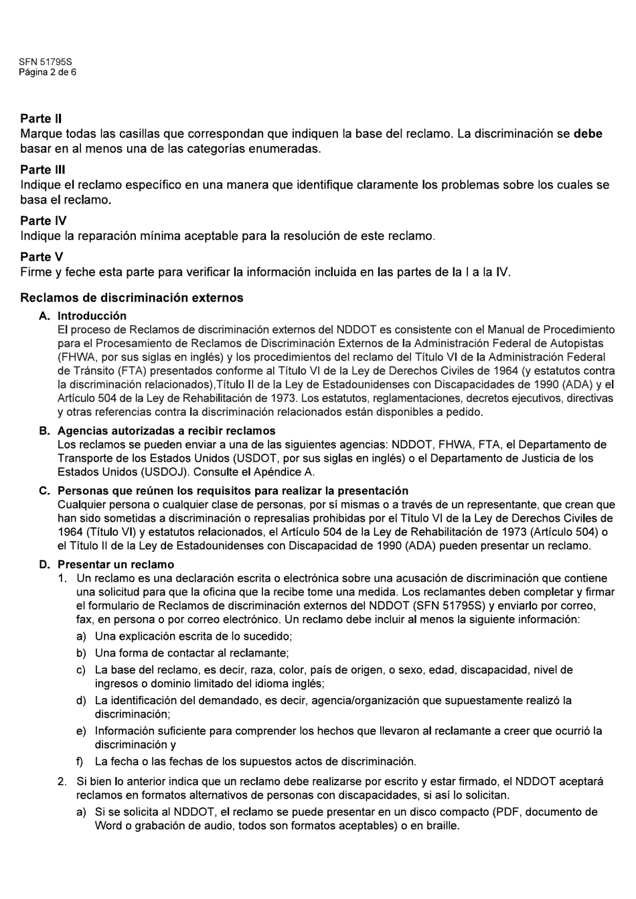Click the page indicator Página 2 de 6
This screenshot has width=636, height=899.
pyautogui.click(x=47, y=72)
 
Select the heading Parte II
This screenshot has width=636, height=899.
pyautogui.click(x=41, y=119)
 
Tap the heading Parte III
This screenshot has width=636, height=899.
pyautogui.click(x=42, y=169)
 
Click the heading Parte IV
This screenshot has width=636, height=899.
pyautogui.click(x=43, y=220)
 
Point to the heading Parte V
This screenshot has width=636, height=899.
pyautogui.click(x=42, y=257)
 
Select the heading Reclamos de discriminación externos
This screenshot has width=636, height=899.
pyautogui.click(x=131, y=297)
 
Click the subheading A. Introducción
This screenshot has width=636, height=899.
pyautogui.click(x=92, y=316)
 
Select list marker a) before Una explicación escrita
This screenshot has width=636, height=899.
pyautogui.click(x=81, y=636)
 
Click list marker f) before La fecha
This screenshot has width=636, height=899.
pyautogui.click(x=80, y=762)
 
